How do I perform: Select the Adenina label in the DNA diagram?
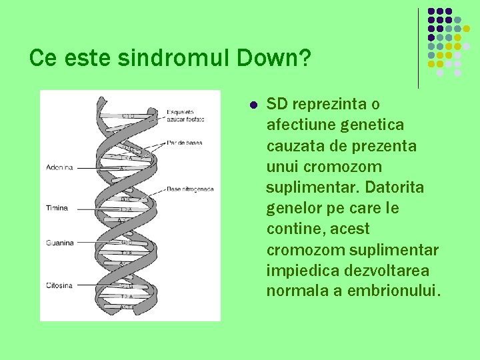[x=59, y=167]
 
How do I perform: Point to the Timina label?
[x=57, y=208]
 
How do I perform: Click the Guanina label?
[x=59, y=243]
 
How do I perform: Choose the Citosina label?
[x=59, y=285]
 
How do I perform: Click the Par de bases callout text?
[x=185, y=143]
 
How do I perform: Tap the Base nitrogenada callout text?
[x=190, y=189]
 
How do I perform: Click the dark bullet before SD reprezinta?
[x=253, y=105]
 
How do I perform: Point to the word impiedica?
[x=294, y=271]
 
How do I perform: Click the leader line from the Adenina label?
[x=97, y=168]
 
